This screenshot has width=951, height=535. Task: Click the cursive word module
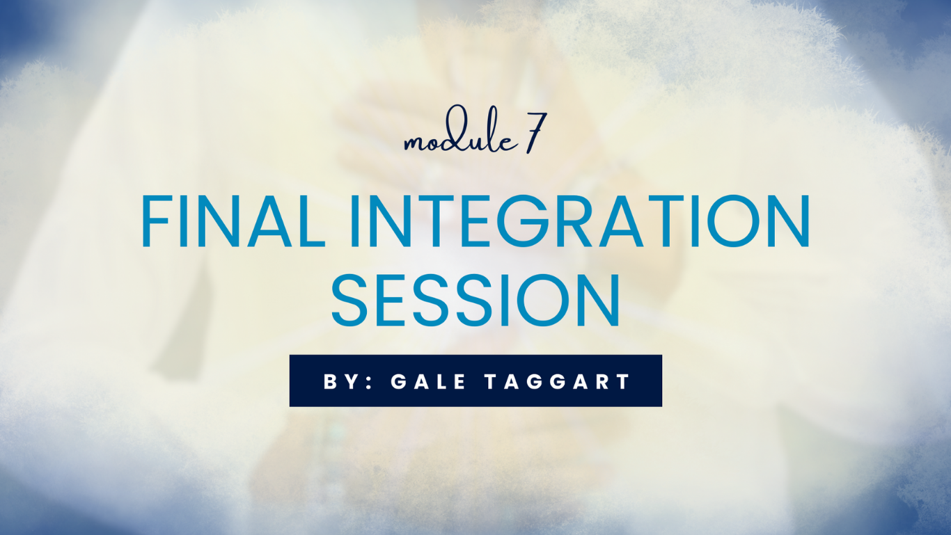coord(461,131)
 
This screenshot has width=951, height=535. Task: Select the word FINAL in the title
coord(233,221)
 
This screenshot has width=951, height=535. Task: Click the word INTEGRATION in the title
coord(579,221)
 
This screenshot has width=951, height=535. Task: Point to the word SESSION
coord(475,301)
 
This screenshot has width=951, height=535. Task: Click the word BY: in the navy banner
coord(347,381)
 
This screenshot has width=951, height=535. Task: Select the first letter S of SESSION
coord(349,301)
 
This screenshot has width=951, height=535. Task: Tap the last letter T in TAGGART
coord(624,381)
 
